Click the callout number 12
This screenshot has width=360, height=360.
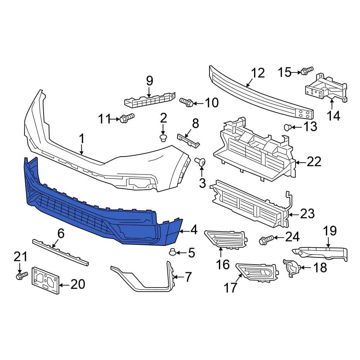258,73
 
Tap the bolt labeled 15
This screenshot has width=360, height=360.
307,71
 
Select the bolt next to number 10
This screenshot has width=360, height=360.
186,103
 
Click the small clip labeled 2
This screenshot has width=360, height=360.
163,138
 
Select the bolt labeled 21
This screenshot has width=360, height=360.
21,276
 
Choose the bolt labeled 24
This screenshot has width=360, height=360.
265,240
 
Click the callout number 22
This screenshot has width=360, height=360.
314,162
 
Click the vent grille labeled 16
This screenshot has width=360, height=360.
226,239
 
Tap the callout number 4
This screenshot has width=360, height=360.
194,229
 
